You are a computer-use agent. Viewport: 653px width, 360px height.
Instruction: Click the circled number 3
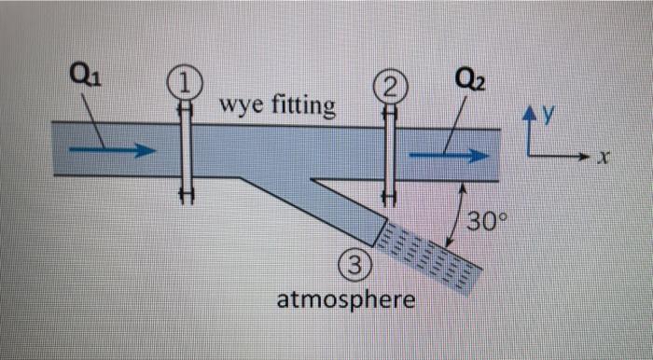coord(356,268)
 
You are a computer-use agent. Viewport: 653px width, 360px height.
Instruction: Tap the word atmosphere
coord(347,300)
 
